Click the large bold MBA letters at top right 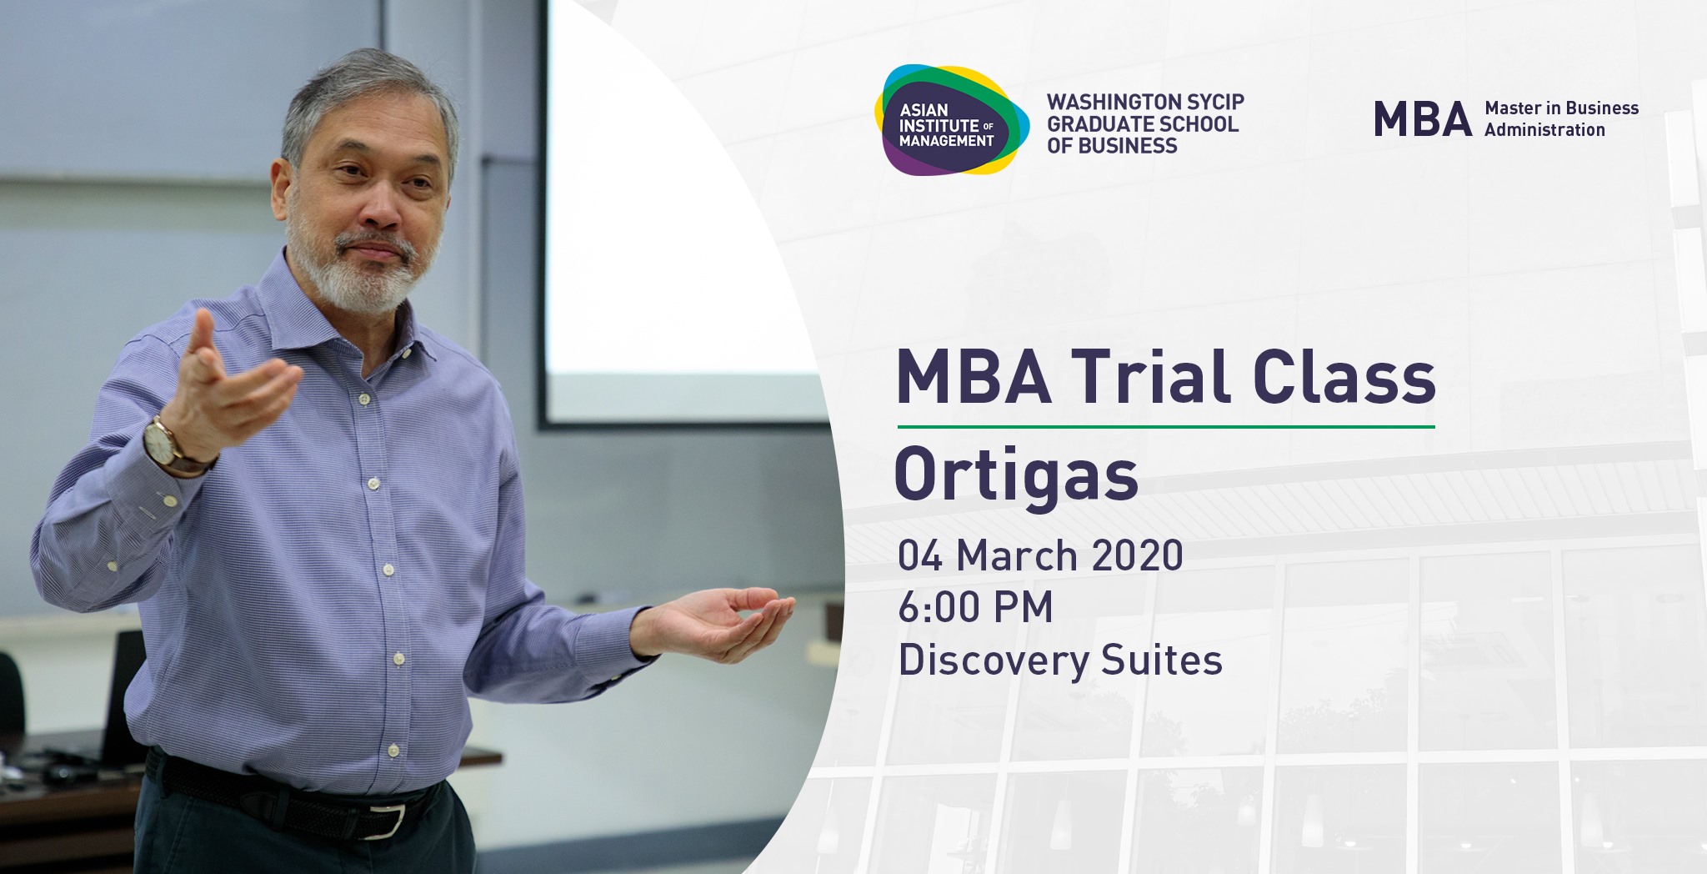[x=1423, y=119]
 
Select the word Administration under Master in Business [x=1544, y=130]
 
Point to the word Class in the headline [x=1344, y=377]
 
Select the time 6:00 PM [x=975, y=607]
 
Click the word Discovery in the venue [x=994, y=661]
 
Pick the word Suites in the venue [x=1162, y=660]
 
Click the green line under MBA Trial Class [x=1166, y=427]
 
